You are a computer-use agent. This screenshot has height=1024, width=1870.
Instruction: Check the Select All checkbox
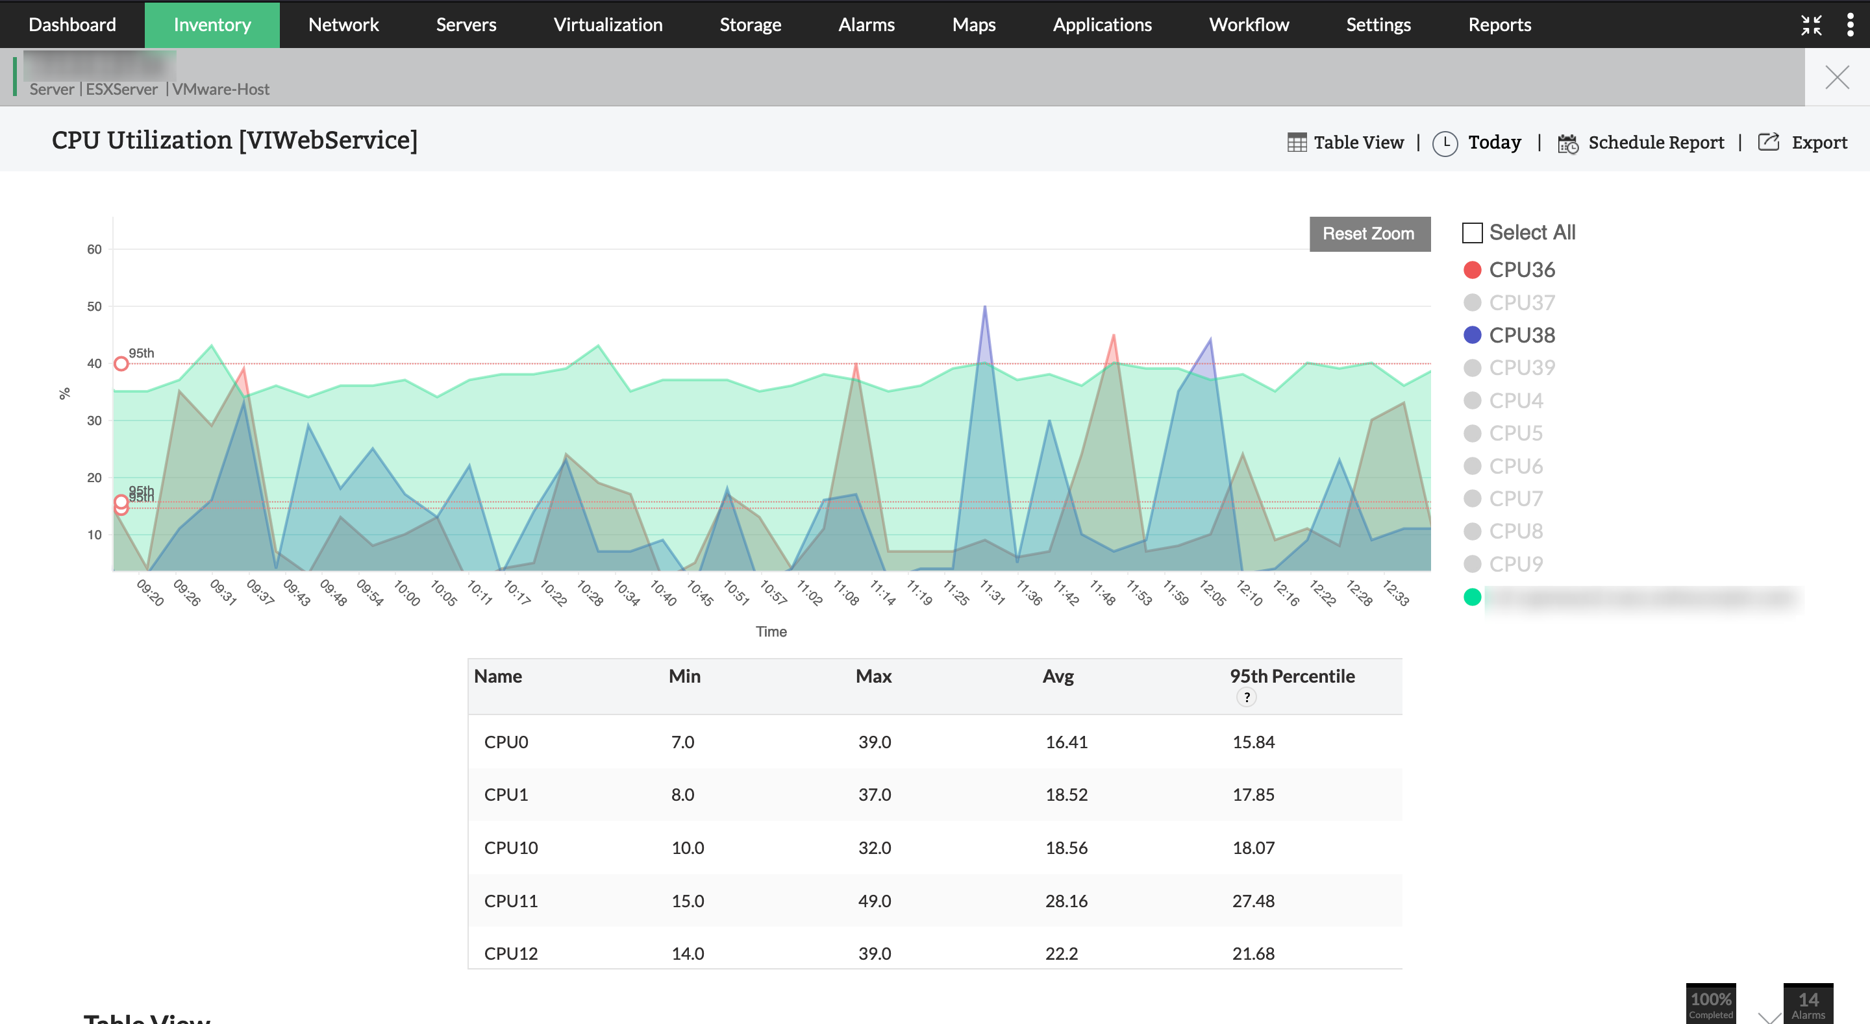[x=1471, y=233]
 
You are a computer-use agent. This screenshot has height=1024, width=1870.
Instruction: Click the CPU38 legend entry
[x=1521, y=335]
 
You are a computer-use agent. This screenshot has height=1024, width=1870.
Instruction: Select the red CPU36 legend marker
[x=1472, y=270]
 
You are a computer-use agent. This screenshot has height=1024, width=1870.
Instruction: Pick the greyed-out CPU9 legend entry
[x=1515, y=564]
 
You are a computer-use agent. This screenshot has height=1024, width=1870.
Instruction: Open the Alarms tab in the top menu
[x=866, y=25]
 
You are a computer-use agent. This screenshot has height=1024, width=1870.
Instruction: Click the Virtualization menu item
[x=608, y=25]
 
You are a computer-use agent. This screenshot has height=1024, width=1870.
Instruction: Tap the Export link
[x=1819, y=143]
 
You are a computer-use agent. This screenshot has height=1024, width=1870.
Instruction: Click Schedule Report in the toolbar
[x=1655, y=143]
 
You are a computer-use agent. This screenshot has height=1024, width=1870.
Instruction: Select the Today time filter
[x=1494, y=143]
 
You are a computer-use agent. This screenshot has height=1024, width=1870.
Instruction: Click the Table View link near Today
[x=1358, y=143]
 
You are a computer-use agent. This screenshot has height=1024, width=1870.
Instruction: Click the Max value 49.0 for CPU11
[x=874, y=901]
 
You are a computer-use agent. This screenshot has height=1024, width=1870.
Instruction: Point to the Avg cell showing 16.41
[x=1066, y=742]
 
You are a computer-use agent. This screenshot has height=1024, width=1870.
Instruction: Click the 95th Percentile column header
[x=1291, y=676]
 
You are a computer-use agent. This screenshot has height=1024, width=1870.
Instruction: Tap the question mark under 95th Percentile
[x=1247, y=698]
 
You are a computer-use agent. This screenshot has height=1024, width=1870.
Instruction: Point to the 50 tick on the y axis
[x=94, y=306]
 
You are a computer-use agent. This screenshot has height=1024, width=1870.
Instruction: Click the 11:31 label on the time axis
[x=992, y=592]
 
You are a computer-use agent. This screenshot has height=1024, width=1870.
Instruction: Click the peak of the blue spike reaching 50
[x=984, y=307]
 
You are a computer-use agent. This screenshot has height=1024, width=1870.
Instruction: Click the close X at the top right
[x=1837, y=77]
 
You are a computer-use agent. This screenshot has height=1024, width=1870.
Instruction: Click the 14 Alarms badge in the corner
[x=1808, y=1005]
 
